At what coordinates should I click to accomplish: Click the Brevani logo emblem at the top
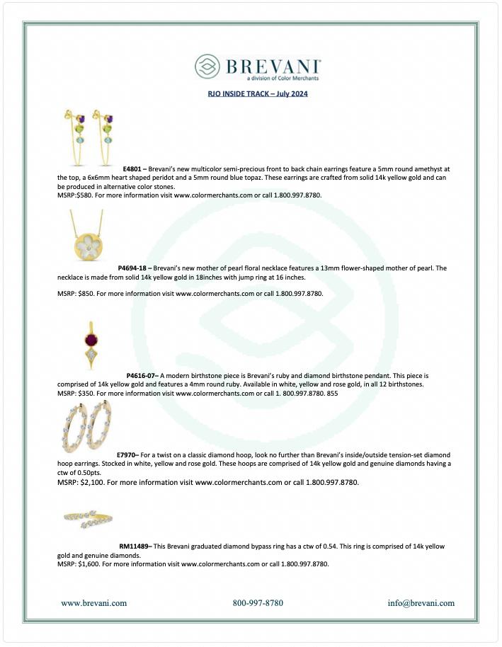click(x=207, y=67)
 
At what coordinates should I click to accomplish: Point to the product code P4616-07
click(x=142, y=375)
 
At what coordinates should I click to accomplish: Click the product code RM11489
click(x=135, y=546)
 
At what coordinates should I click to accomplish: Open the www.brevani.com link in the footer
click(x=94, y=603)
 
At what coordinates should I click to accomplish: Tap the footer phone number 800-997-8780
click(x=258, y=603)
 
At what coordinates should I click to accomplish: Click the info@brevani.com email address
click(x=421, y=603)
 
